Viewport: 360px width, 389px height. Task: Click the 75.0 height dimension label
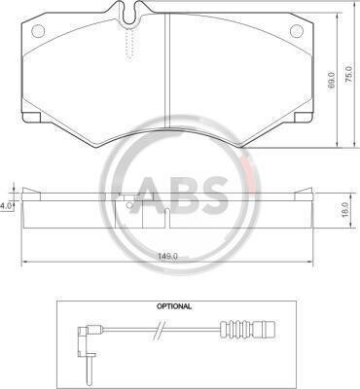pyautogui.click(x=348, y=75)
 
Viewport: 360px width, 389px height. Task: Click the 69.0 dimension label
pyautogui.click(x=331, y=81)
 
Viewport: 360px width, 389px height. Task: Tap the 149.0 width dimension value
pyautogui.click(x=167, y=256)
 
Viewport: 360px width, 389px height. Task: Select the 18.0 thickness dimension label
pyautogui.click(x=344, y=210)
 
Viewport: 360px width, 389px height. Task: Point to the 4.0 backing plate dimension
pyautogui.click(x=6, y=205)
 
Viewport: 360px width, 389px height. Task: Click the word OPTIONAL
pyautogui.click(x=174, y=306)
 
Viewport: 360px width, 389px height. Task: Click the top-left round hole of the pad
pyautogui.click(x=38, y=31)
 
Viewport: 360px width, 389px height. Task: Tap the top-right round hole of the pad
pyautogui.click(x=297, y=31)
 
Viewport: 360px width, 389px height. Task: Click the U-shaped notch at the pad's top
pyautogui.click(x=129, y=15)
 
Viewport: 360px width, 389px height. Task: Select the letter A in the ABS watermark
pyautogui.click(x=151, y=194)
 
